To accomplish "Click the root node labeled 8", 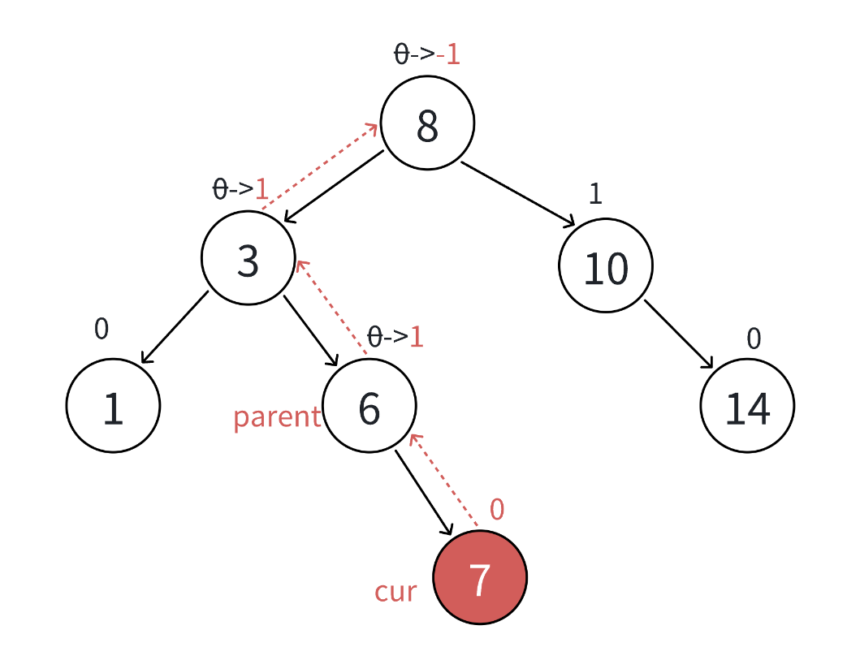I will [x=427, y=123].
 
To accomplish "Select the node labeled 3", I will [x=248, y=258].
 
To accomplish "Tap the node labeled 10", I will [x=606, y=265].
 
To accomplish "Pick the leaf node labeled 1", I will [x=113, y=405].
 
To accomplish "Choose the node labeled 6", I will [x=369, y=405].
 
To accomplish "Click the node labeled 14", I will [x=747, y=405].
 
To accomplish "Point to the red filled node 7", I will [x=480, y=577].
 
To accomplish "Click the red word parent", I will [x=277, y=417].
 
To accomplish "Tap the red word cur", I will [x=395, y=591].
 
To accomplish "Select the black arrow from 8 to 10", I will [x=518, y=193].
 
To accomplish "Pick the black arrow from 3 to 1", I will [x=175, y=326].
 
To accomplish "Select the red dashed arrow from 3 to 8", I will [x=320, y=166].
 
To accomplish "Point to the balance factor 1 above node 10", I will [x=595, y=195].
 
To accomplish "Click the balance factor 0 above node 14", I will [x=754, y=339].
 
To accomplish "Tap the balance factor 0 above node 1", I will [x=101, y=329].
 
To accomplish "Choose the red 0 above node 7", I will [x=497, y=510].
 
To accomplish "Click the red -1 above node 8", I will [x=448, y=54].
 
